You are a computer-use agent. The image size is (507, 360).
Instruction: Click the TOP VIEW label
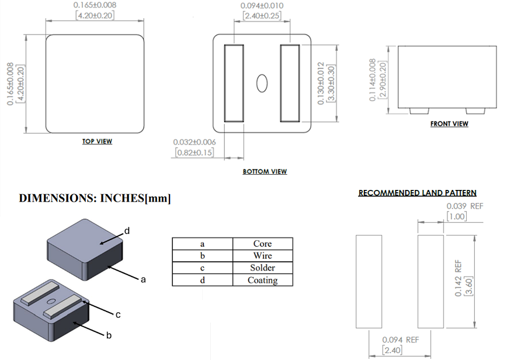[97, 141]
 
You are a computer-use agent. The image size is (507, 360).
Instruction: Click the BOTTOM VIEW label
[265, 172]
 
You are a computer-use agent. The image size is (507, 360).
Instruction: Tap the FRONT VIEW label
[449, 124]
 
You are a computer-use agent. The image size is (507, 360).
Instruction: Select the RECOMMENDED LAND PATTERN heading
[417, 193]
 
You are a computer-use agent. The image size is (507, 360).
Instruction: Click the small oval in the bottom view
[262, 82]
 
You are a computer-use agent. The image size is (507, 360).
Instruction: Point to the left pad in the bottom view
[234, 82]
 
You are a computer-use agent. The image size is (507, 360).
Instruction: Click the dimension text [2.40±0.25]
[262, 16]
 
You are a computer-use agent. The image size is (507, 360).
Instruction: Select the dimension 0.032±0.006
[195, 142]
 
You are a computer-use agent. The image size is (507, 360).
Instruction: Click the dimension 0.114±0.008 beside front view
[373, 80]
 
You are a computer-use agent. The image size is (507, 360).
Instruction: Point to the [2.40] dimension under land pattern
[393, 350]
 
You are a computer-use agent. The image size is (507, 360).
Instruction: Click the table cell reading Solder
[262, 268]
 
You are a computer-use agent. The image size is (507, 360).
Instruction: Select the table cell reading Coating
[262, 280]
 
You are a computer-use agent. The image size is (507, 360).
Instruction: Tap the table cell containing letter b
[202, 255]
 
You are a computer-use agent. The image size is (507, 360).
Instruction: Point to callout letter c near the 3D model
[117, 315]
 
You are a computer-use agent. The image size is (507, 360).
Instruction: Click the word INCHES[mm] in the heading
[136, 199]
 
